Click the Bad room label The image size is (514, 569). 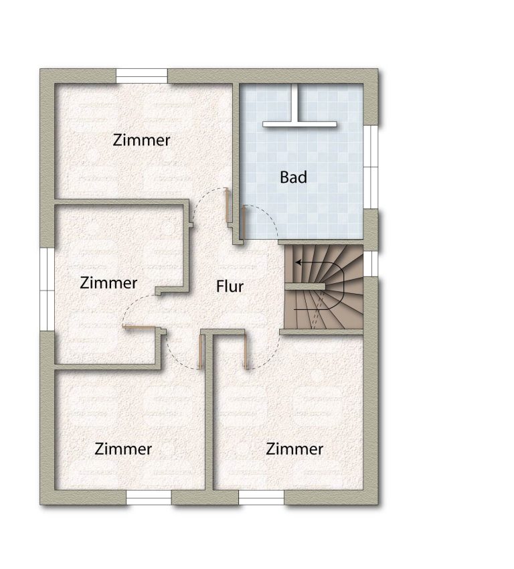coord(293,177)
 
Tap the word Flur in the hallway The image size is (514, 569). coord(230,287)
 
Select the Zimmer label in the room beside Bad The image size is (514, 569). coord(141,140)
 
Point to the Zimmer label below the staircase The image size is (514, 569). coord(294,449)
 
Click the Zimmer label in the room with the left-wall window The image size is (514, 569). coord(108,282)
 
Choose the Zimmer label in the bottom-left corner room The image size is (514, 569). coord(123,449)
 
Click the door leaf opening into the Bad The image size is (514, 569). coord(244,222)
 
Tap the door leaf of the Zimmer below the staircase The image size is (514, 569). coord(246,351)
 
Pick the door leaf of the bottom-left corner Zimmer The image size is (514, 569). coord(199,351)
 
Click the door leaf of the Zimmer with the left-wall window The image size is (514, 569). coord(140,327)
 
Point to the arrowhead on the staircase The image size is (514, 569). coord(298,262)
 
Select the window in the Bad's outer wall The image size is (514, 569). coord(371,167)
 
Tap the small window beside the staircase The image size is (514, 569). coord(370,264)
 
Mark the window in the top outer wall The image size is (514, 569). coord(142,76)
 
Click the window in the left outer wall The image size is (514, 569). coord(47,290)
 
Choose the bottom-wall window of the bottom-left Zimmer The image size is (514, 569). coord(149,497)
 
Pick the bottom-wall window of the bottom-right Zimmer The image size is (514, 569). coord(261,497)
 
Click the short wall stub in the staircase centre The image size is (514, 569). coord(305,287)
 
